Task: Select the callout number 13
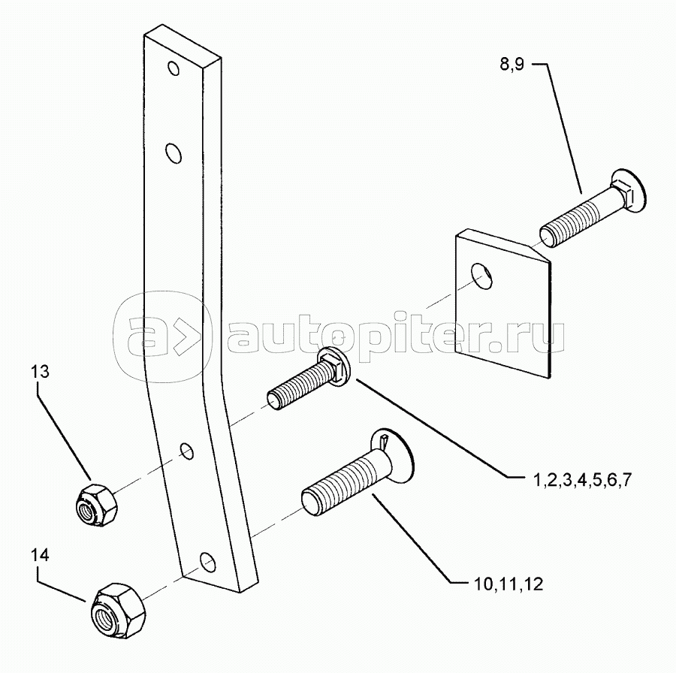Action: pyautogui.click(x=41, y=371)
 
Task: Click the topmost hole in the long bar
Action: pyautogui.click(x=174, y=69)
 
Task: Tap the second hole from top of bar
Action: pyautogui.click(x=174, y=154)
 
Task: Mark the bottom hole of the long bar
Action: pyautogui.click(x=207, y=561)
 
